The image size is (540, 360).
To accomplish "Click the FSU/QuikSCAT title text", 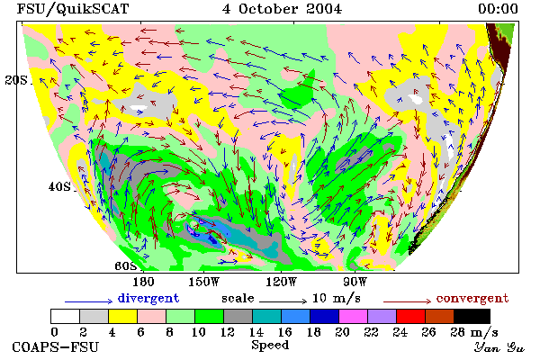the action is [x=73, y=9].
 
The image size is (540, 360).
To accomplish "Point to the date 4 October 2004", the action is [x=282, y=9].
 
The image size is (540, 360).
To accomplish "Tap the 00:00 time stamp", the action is [x=498, y=9].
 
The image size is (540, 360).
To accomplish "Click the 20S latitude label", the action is [x=16, y=80].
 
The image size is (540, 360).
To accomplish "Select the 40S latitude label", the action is [x=59, y=186].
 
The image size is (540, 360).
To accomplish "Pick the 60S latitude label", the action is [x=125, y=266].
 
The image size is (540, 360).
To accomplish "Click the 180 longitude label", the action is [x=143, y=282].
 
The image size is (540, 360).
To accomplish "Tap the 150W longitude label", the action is [x=204, y=282].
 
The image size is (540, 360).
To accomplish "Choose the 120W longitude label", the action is [x=281, y=282].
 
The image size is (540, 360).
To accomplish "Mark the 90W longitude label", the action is [x=355, y=282].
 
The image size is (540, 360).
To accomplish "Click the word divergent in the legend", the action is [x=148, y=298].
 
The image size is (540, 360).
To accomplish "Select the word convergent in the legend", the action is [x=472, y=298].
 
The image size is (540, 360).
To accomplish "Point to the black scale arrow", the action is [x=283, y=301].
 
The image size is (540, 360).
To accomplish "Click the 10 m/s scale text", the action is [x=336, y=298].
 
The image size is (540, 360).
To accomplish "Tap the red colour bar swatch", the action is [x=410, y=316].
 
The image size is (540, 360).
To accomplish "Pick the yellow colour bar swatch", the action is [x=122, y=316].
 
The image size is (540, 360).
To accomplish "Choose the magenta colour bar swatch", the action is [x=353, y=316].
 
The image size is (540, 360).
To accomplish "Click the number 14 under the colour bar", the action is [x=256, y=332].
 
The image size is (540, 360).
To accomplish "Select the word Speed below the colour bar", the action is [x=270, y=345].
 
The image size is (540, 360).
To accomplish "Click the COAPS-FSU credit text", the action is [x=56, y=346].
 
